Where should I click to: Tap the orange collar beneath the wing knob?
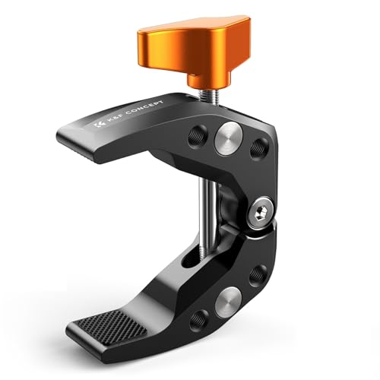208,80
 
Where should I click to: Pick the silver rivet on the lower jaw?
228,303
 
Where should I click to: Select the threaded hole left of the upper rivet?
198,137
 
